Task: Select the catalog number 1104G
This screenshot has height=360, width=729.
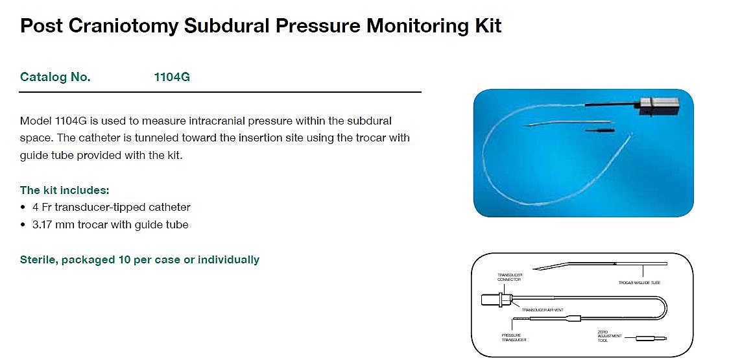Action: pyautogui.click(x=172, y=77)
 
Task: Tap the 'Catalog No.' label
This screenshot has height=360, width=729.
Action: pyautogui.click(x=56, y=77)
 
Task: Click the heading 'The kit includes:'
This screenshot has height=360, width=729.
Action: pyautogui.click(x=65, y=190)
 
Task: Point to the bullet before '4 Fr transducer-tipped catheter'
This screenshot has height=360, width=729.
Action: pyautogui.click(x=24, y=208)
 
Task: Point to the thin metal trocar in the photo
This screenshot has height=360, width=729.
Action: pyautogui.click(x=571, y=123)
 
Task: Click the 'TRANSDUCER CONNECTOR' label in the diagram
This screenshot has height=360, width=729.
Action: pyautogui.click(x=510, y=277)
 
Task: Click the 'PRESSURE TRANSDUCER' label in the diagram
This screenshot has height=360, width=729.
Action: pyautogui.click(x=512, y=337)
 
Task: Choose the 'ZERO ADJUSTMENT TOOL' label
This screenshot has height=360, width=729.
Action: pyautogui.click(x=610, y=335)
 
